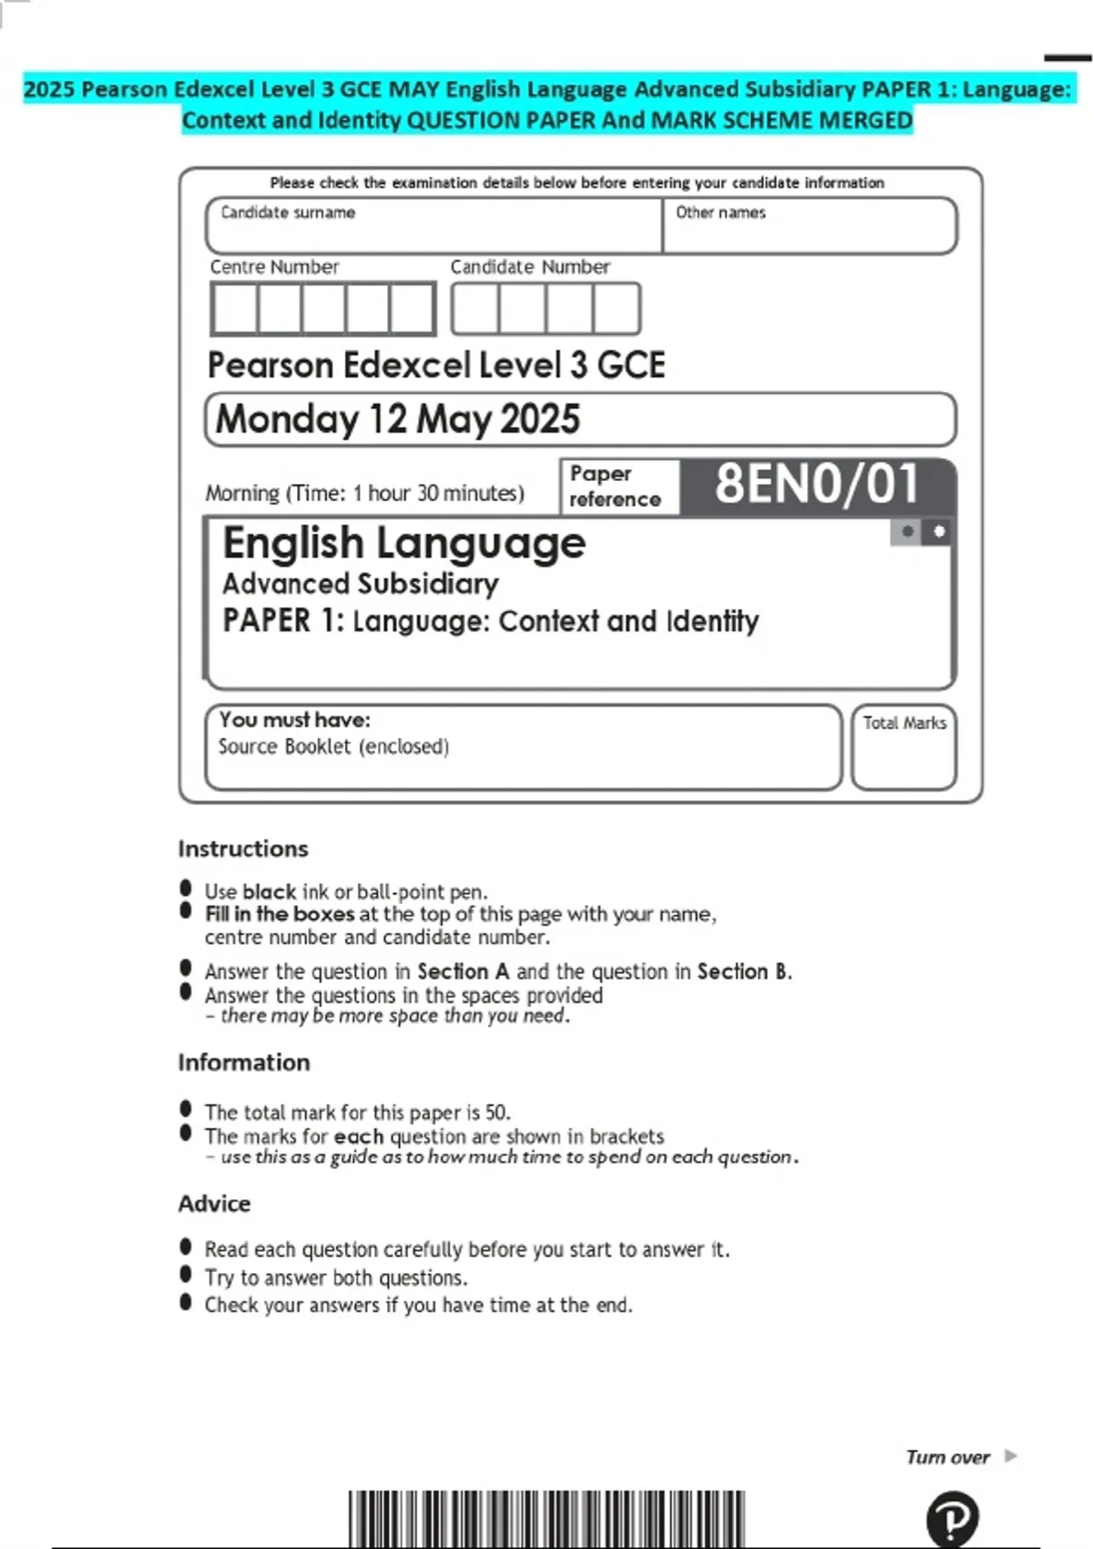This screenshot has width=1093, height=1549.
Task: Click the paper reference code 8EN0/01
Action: [816, 484]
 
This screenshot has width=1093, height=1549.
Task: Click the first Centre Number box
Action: [234, 309]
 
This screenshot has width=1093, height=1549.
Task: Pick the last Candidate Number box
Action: [616, 309]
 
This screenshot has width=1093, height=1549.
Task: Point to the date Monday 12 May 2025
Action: [397, 419]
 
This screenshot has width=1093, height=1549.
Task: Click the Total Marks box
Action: [904, 747]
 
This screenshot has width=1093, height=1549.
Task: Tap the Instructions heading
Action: [243, 848]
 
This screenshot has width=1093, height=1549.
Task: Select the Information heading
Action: [244, 1062]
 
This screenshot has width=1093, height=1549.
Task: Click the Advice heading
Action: [214, 1204]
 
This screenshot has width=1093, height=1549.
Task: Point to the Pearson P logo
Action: [952, 1519]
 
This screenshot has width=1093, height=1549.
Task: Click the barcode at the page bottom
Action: [546, 1519]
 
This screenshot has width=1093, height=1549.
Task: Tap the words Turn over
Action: [947, 1457]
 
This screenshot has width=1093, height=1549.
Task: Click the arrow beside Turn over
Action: [1010, 1456]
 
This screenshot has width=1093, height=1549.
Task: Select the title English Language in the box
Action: [403, 543]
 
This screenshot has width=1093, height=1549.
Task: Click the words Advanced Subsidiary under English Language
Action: [360, 583]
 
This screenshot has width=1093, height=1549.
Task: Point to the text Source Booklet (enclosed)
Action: [333, 746]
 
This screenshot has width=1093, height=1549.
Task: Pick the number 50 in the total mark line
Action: [495, 1113]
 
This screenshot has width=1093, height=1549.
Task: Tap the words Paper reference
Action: [615, 487]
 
